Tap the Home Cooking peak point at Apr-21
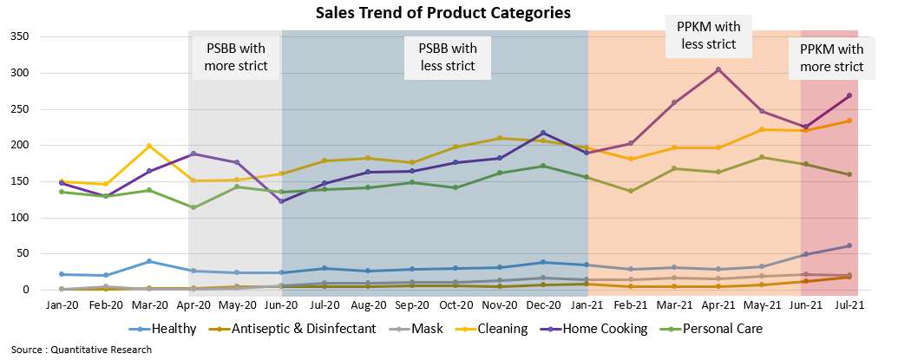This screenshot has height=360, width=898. click(x=718, y=69)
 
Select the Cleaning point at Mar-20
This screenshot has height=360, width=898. click(x=149, y=146)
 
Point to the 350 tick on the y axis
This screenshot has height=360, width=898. click(x=19, y=36)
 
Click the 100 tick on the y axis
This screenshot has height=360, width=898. click(x=19, y=218)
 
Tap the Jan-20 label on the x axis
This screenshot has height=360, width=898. click(x=62, y=305)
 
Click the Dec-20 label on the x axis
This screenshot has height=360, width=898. click(x=543, y=305)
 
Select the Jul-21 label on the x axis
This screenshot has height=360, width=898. click(x=849, y=305)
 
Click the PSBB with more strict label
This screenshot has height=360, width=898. click(x=236, y=56)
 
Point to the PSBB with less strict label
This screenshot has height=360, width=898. click(x=449, y=56)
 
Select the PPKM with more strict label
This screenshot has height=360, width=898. click(x=831, y=57)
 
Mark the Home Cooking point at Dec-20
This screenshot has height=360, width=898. click(x=543, y=133)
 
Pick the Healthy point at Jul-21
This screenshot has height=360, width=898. click(x=849, y=245)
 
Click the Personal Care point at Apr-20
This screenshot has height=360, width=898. click(x=193, y=207)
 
